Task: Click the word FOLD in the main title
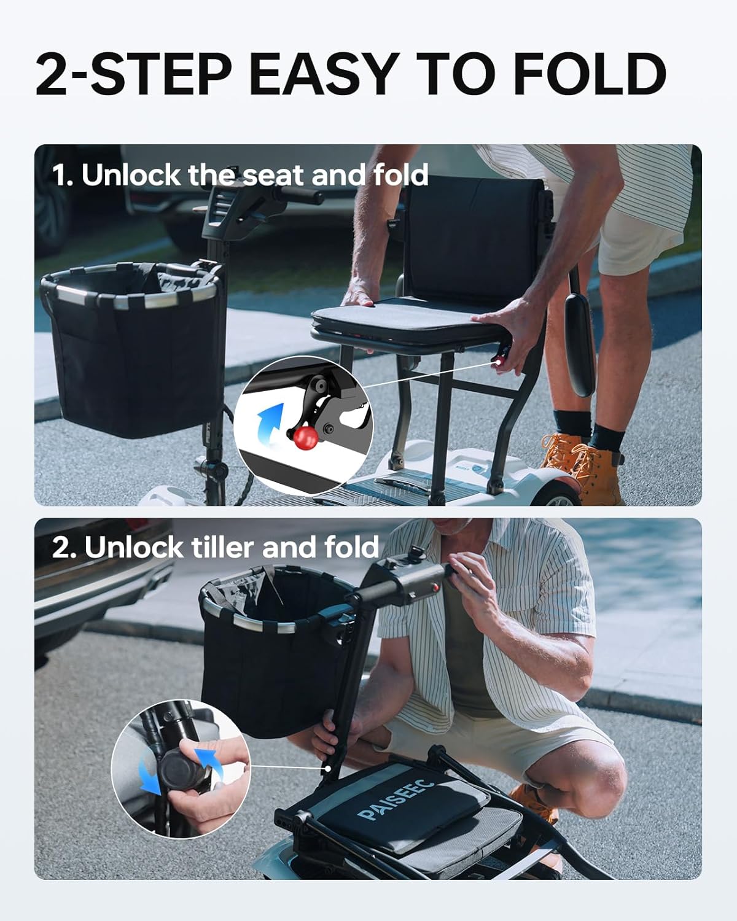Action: coord(589,74)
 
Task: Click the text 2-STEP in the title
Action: coord(131,74)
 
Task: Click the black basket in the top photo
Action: coord(132,344)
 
